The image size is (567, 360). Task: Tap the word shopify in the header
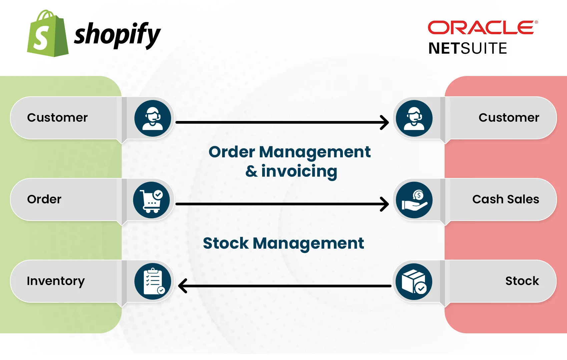coord(117,35)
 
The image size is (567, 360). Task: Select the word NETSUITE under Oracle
coord(468,48)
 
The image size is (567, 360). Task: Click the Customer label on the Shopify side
coord(57,118)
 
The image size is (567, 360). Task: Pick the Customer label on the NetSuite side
coord(509,118)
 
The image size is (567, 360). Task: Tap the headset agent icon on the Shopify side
coord(153,118)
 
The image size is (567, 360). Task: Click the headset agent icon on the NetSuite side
coord(414,118)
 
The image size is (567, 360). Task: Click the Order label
coord(44,199)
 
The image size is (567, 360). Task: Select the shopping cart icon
coord(151,200)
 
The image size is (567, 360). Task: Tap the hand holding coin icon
coord(414,200)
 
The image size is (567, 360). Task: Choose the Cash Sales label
coord(506,199)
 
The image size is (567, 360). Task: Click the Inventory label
coord(56,281)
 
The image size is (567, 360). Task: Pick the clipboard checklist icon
coord(153,282)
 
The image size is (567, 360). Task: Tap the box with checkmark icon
coord(414,282)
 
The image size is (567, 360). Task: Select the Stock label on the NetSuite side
coord(522,281)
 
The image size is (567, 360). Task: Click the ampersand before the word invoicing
coord(251,171)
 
